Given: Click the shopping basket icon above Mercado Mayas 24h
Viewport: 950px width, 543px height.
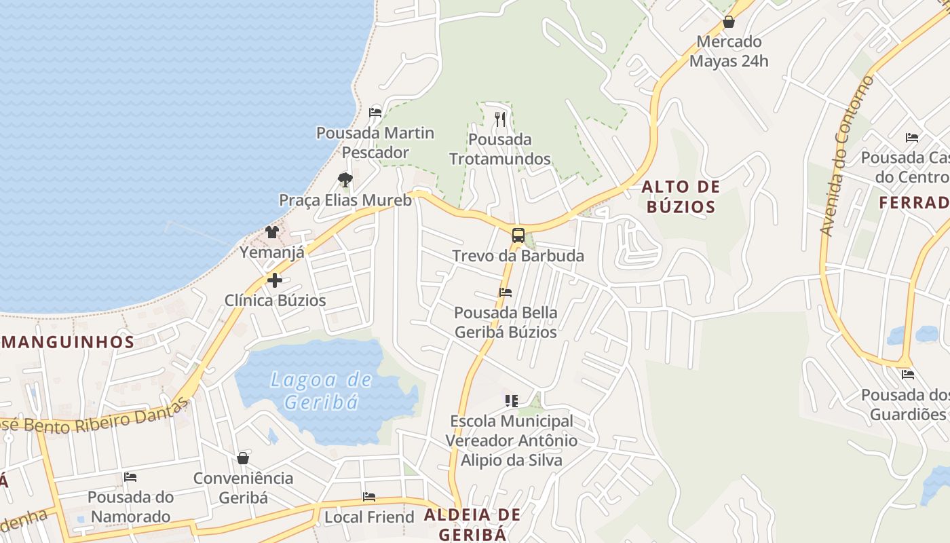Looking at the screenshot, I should coord(729,22).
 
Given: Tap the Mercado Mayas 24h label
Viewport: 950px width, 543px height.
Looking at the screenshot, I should coord(729,51).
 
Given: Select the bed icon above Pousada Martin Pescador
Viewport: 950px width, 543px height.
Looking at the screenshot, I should coord(375,112).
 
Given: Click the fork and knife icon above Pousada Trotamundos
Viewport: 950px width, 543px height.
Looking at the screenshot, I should coord(500,119).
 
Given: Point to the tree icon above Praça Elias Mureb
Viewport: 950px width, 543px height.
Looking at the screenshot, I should coord(345,180).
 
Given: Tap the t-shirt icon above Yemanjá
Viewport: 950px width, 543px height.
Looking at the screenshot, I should coord(272,232).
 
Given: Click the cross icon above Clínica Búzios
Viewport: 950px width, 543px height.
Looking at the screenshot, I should coord(275,280).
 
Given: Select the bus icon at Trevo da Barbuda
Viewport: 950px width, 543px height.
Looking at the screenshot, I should coord(518,236).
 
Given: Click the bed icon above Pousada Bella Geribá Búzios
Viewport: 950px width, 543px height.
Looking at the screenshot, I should coord(506,293).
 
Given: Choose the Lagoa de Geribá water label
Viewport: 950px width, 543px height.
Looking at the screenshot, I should coord(321,390).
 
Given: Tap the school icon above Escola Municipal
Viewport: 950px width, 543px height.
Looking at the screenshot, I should coord(511,401).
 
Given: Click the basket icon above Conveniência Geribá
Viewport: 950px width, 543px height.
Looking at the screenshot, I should coord(243,458).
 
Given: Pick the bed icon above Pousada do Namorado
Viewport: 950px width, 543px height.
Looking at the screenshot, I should coord(130,477).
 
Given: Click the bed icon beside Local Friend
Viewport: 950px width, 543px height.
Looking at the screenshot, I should coord(369,497).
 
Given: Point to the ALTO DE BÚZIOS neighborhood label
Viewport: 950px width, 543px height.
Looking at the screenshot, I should coord(681,196).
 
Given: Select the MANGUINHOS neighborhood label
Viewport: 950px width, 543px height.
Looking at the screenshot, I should coord(67,341).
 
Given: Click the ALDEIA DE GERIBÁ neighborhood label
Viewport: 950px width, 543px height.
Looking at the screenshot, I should coord(472,524).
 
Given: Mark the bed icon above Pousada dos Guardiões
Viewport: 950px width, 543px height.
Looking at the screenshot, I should coord(908,375).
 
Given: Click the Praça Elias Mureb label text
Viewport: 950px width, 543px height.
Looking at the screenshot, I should coord(345,200).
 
